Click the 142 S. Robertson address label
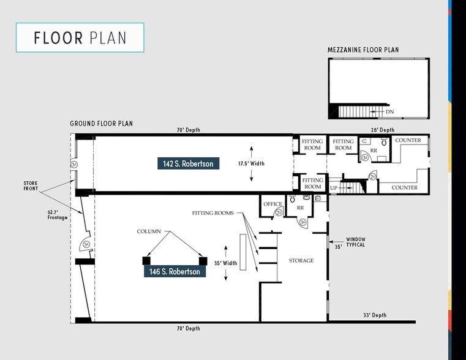point(189,163)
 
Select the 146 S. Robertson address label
point(175,271)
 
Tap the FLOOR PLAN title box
point(80,37)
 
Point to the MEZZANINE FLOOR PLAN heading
point(363,50)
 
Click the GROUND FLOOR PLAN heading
point(101,123)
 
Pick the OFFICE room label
point(272,204)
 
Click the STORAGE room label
point(301,260)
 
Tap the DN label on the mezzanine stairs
point(389,111)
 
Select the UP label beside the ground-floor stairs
point(334,188)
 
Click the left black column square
point(146,261)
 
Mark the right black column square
point(203,261)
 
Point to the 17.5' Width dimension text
point(251,163)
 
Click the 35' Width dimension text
point(225,263)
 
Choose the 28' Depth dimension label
point(383,130)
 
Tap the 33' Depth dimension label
point(375,315)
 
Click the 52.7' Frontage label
point(58,215)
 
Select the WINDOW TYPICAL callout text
point(355,242)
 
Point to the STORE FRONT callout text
point(31,186)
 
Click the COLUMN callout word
point(149,231)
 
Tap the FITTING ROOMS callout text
point(212,213)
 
